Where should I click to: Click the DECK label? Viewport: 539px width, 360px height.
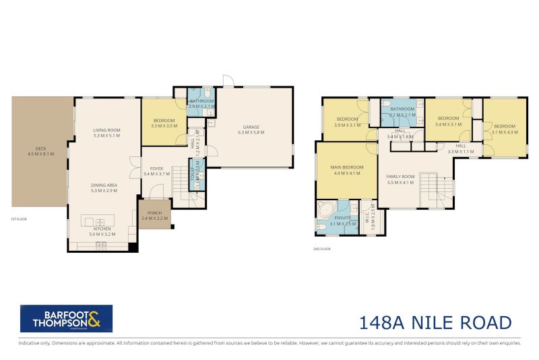point(40,150)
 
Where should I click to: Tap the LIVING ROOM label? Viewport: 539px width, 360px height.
point(106,130)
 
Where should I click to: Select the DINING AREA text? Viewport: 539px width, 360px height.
point(106,185)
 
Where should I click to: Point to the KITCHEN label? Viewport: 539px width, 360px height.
point(102,229)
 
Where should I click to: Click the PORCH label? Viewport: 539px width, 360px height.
point(154,214)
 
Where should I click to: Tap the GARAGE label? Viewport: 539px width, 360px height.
point(251,127)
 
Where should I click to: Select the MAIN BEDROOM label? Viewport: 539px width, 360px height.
point(348,167)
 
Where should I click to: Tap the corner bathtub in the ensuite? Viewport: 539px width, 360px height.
point(327,211)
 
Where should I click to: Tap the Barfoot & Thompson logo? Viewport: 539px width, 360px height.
point(66,319)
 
